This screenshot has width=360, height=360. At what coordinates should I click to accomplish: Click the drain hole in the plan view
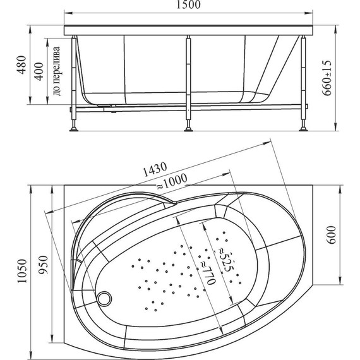pyautogui.click(x=104, y=295)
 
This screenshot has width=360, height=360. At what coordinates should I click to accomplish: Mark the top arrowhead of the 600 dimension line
pyautogui.click(x=340, y=188)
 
